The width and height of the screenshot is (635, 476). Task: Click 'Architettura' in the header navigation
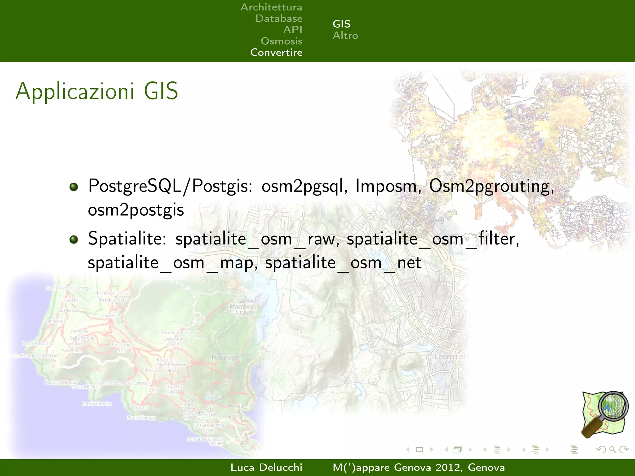271,7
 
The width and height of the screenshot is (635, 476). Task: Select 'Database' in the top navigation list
279,19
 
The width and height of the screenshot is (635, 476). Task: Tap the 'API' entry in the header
293,30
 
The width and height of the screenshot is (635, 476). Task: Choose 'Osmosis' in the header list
282,41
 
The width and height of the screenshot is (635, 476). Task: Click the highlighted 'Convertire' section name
276,52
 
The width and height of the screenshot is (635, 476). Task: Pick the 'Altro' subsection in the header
345,36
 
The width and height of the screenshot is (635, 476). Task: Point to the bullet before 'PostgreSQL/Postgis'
74,187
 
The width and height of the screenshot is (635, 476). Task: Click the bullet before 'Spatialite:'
74,240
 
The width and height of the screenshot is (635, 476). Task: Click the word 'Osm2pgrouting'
491,187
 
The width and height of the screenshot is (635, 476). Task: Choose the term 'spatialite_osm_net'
343,263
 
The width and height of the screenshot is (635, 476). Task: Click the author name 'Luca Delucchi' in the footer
266,467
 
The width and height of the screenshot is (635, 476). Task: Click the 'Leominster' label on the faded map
451,357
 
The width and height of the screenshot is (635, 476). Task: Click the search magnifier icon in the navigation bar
612,449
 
